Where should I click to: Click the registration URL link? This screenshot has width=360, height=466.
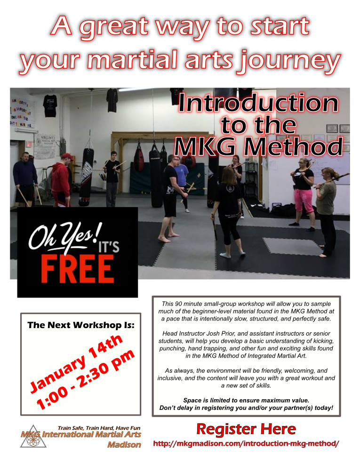[x=246, y=444]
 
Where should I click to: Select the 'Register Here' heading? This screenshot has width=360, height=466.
[x=246, y=429]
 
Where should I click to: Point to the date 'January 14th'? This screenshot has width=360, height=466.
[x=76, y=362]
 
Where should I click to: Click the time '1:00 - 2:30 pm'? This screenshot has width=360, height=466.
[x=85, y=380]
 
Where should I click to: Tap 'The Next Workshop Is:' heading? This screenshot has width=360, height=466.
[x=81, y=325]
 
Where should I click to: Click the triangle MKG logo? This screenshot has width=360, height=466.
[x=33, y=437]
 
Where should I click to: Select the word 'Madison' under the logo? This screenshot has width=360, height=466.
[x=124, y=445]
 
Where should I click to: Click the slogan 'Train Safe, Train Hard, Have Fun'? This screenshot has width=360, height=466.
[x=99, y=428]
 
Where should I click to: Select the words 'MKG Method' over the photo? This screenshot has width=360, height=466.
[x=258, y=147]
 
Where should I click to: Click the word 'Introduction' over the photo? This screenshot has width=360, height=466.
[x=258, y=103]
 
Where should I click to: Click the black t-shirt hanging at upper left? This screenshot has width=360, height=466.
[x=49, y=106]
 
